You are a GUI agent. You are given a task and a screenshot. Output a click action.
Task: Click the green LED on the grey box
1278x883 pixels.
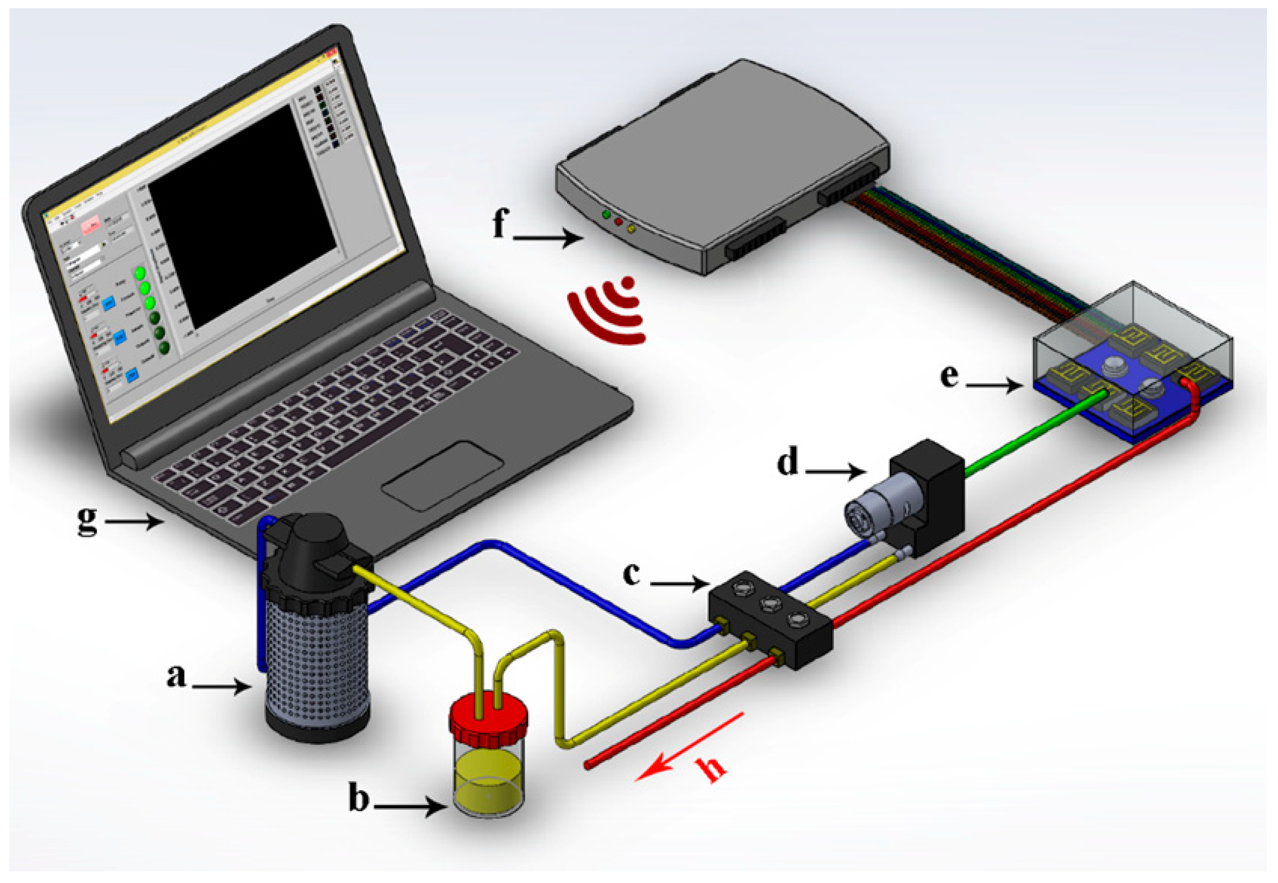(606, 214)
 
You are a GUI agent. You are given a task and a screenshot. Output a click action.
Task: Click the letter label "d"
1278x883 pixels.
(788, 462)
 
